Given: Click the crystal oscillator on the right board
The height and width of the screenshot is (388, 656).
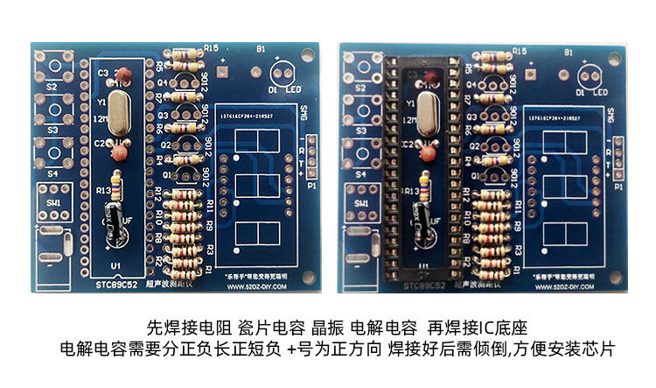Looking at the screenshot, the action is point(429,112).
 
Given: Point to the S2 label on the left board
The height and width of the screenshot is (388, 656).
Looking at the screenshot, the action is point(52,88).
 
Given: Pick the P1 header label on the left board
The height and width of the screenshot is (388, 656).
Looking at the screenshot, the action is point(311,186).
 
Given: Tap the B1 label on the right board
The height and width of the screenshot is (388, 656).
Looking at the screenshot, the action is point(569,52).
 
